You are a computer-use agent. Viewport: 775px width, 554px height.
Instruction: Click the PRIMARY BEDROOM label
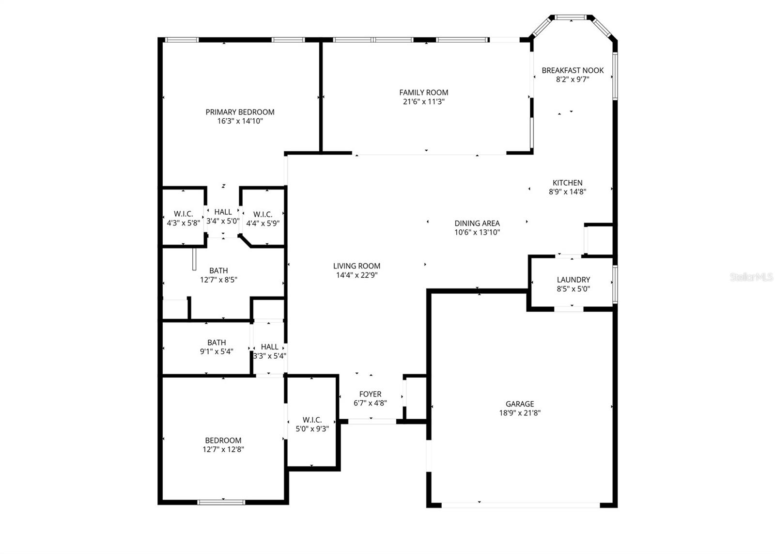pyautogui.click(x=240, y=112)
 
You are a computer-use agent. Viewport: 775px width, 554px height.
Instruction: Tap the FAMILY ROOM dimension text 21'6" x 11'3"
pyautogui.click(x=423, y=102)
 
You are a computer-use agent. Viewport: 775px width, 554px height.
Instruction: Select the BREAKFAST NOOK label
pyautogui.click(x=573, y=70)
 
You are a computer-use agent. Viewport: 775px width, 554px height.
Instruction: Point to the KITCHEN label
pyautogui.click(x=567, y=183)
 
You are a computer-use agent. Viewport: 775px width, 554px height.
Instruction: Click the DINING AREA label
pyautogui.click(x=477, y=223)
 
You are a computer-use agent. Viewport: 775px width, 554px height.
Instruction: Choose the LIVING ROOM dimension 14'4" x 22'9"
pyautogui.click(x=356, y=275)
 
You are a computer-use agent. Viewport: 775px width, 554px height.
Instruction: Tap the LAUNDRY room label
pyautogui.click(x=573, y=280)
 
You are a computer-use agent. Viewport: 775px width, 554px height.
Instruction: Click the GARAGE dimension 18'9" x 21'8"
pyautogui.click(x=520, y=413)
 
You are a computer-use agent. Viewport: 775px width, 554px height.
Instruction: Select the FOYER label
pyautogui.click(x=370, y=394)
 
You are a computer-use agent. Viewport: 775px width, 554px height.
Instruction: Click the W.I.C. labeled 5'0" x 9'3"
pyautogui.click(x=312, y=420)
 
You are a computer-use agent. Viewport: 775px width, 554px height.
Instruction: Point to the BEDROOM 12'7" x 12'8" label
pyautogui.click(x=223, y=440)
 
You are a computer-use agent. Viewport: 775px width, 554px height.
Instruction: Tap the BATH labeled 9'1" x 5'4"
pyautogui.click(x=217, y=343)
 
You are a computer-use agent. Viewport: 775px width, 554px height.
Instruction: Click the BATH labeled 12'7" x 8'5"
pyautogui.click(x=218, y=270)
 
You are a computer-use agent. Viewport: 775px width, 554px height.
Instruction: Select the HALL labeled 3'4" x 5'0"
pyautogui.click(x=223, y=212)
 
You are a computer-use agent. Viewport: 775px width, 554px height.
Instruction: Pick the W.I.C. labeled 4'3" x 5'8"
pyautogui.click(x=183, y=214)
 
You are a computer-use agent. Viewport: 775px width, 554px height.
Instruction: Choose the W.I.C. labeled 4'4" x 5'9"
pyautogui.click(x=263, y=214)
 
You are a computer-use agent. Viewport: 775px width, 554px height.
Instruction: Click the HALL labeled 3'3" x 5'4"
pyautogui.click(x=269, y=347)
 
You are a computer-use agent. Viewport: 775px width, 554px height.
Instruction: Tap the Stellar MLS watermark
pyautogui.click(x=751, y=277)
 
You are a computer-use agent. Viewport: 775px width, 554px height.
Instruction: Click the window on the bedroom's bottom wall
pyautogui.click(x=221, y=502)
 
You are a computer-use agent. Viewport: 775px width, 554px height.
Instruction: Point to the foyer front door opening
pyautogui.click(x=372, y=422)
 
